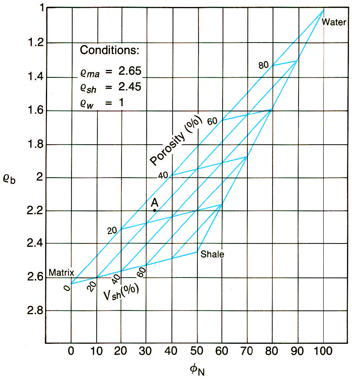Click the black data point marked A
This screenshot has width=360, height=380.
154,211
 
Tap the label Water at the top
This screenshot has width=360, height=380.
334,22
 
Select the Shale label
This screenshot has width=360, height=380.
212,254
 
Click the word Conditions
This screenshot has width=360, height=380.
110,50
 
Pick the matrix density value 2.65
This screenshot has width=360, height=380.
130,71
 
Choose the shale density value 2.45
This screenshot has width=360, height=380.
130,87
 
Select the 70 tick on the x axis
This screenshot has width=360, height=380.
247,350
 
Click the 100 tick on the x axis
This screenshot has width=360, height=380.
323,350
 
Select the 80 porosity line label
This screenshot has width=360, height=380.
263,66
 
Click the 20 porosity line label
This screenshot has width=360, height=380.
112,230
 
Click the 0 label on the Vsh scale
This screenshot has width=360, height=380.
67,288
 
